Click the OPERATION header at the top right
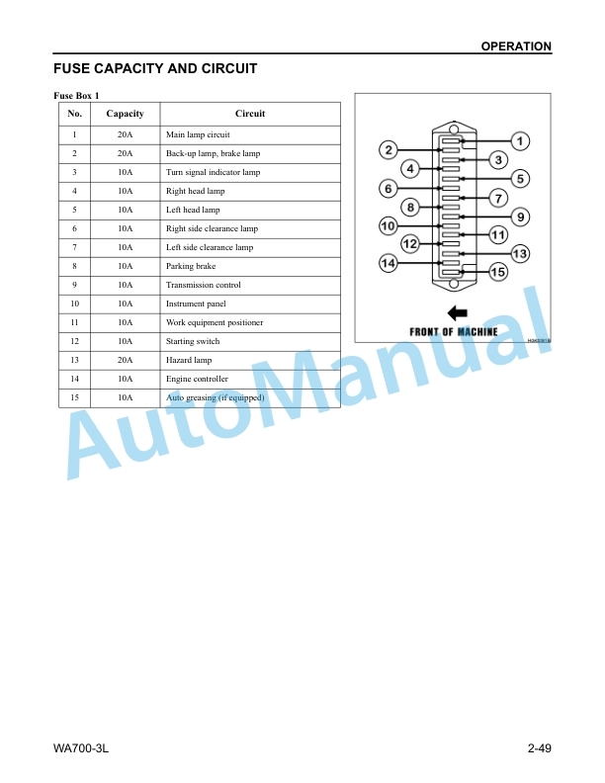516,46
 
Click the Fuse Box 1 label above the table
76,95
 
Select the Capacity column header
125,114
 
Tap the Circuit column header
250,114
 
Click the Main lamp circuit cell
198,134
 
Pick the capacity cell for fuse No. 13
125,360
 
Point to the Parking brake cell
191,266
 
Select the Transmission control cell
204,285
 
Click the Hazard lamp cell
189,360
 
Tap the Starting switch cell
193,341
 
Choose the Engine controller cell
197,379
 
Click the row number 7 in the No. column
74,248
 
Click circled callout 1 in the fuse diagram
520,141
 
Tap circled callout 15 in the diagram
497,272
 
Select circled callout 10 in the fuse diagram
388,226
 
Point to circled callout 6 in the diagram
389,189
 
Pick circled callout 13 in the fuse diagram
520,254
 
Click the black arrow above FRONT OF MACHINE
458,313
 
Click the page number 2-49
539,748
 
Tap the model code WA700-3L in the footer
81,748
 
